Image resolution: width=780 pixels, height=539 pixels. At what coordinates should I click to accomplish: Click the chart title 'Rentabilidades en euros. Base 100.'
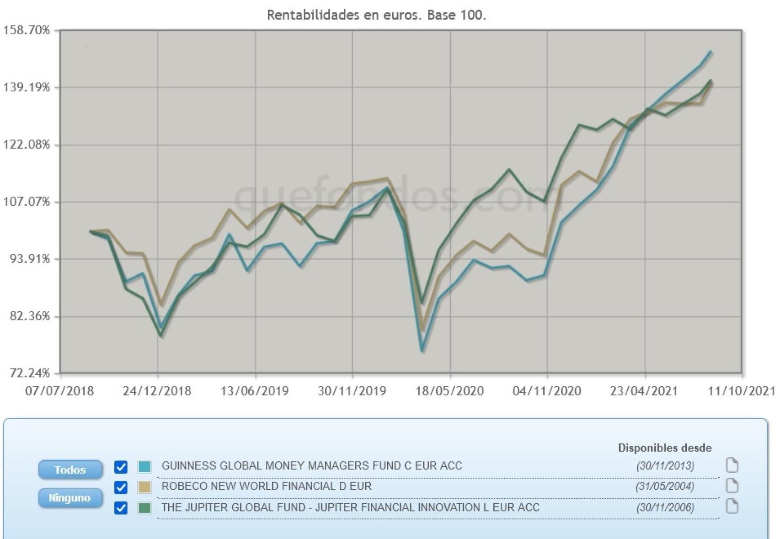376,15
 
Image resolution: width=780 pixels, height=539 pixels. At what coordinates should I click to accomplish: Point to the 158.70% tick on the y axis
27,30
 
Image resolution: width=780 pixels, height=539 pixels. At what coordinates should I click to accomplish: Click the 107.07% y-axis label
27,202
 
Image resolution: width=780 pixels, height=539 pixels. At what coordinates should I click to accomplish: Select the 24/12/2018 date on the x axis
157,391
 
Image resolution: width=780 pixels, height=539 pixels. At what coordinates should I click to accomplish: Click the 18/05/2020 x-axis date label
449,391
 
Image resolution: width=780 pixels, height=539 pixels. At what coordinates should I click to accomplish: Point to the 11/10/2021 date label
742,391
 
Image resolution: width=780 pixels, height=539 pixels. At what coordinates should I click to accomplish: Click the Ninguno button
70,497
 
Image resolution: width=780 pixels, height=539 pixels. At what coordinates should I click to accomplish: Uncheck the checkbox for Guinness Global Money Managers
121,467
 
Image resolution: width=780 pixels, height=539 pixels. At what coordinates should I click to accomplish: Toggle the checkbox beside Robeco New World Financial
121,487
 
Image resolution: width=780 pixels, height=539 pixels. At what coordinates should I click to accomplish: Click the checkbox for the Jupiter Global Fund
121,507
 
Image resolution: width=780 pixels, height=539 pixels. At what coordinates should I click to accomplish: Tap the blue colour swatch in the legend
144,467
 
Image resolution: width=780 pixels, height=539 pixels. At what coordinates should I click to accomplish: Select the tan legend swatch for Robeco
144,487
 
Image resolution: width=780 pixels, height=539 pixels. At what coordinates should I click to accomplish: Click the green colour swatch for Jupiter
144,507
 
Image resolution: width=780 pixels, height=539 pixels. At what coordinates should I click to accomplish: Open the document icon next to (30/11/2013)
732,465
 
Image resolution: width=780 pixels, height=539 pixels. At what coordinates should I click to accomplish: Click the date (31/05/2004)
665,486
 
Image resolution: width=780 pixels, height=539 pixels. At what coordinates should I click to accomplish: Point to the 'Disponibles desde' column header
665,448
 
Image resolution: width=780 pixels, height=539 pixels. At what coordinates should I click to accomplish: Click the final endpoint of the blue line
711,52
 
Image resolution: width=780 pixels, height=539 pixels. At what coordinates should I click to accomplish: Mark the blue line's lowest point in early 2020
422,351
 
